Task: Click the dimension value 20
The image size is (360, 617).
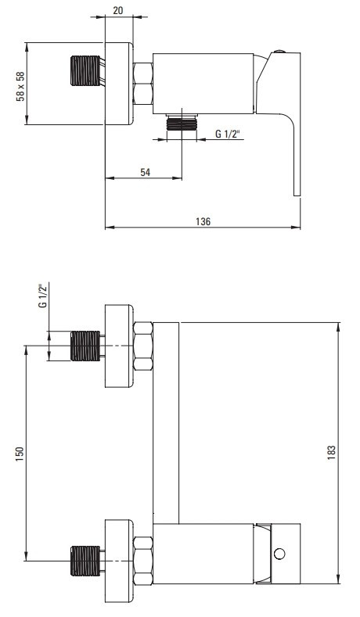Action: coord(117,10)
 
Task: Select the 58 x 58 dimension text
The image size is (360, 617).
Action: coord(20,86)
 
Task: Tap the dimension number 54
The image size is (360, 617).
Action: coord(146,172)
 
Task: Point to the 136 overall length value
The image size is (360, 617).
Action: coord(203,221)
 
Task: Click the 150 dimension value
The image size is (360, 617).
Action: coord(20,454)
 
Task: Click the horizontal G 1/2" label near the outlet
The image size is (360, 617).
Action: coord(228,134)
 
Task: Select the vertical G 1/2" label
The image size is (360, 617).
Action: coord(43,295)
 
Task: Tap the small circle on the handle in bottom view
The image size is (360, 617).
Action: coord(279,554)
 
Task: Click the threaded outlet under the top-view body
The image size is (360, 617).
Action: coord(182,122)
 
